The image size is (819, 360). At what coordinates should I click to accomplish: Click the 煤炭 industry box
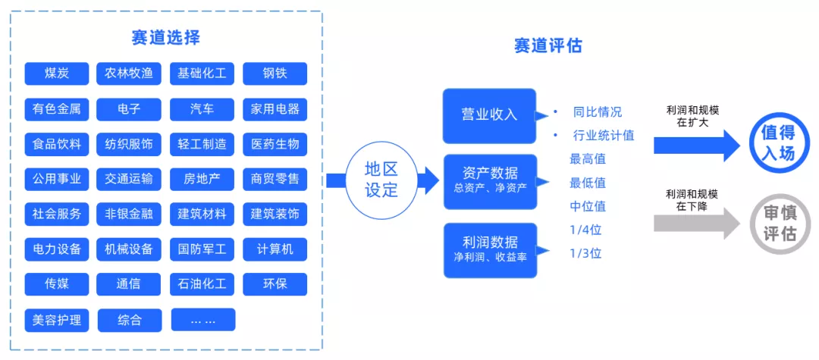point(57,74)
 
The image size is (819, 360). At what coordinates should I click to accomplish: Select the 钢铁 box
point(275,74)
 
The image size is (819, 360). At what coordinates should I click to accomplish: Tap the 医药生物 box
point(275,144)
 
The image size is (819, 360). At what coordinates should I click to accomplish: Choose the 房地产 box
point(202,180)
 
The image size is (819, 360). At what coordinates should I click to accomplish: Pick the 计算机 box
point(275,249)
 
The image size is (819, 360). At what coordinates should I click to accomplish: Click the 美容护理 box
point(57,319)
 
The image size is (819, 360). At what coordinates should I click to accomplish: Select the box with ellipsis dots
point(202,319)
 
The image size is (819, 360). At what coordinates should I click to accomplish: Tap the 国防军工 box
point(202,249)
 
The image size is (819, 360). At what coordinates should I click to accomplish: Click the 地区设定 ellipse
point(381,180)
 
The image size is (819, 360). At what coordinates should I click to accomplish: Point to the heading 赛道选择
point(165,37)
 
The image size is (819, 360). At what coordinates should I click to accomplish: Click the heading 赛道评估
point(548,45)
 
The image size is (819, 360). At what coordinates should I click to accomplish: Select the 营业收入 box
point(489,115)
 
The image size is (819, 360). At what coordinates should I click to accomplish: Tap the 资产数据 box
point(489,180)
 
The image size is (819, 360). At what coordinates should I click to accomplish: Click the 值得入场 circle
point(778,143)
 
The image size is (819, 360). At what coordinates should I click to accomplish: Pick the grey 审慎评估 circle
point(778,224)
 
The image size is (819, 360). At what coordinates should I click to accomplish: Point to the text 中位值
point(588,206)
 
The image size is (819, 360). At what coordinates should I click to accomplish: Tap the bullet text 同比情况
point(598,112)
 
